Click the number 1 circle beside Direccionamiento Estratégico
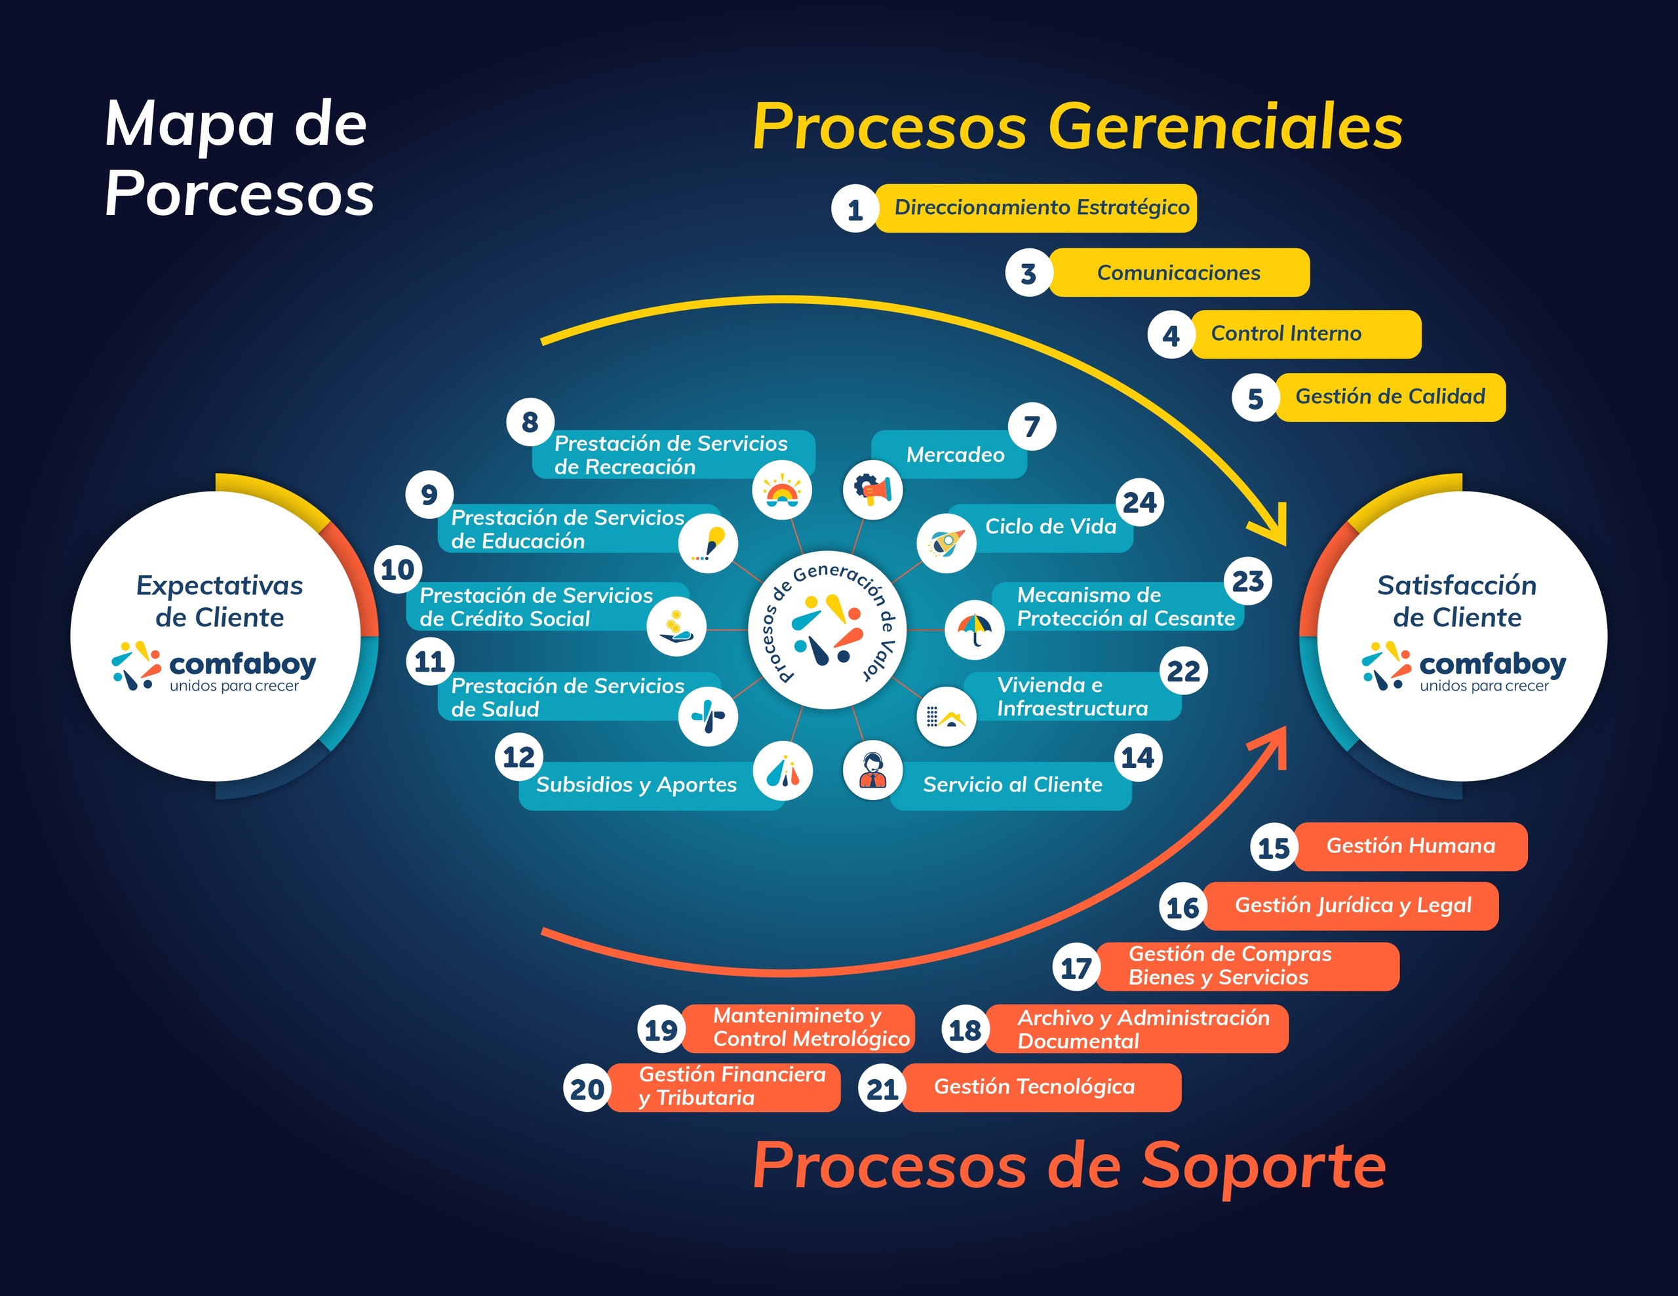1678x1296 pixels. [854, 209]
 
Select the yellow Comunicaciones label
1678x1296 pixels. [1179, 273]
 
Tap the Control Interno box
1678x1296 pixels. [1304, 334]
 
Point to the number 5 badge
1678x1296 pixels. [1255, 398]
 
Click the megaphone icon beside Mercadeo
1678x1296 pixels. [873, 489]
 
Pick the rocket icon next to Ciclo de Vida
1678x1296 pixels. [946, 543]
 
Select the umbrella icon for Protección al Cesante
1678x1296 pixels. [974, 629]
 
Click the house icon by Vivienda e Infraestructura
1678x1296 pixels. [946, 717]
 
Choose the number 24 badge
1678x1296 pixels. [1139, 503]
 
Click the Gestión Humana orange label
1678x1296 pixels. [1411, 847]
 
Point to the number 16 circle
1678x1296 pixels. [1182, 907]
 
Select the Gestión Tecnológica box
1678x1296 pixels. [1041, 1087]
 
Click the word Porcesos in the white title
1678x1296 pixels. [240, 193]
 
